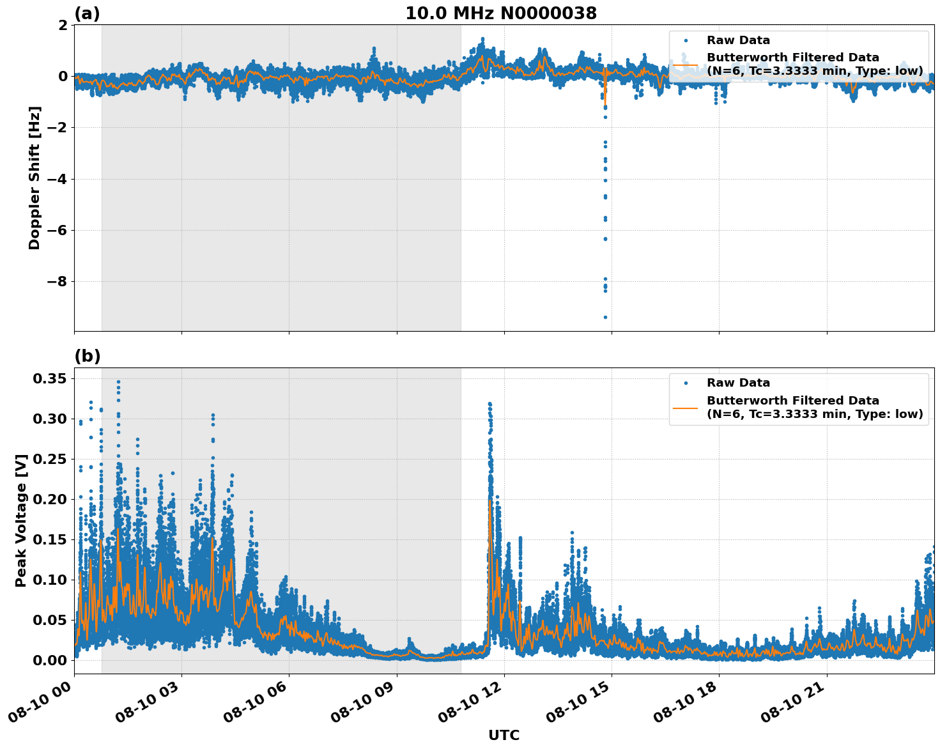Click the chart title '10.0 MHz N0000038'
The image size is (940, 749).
(501, 13)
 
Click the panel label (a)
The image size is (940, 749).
(87, 13)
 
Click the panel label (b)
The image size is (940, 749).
(87, 356)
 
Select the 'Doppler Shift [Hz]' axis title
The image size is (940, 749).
(35, 178)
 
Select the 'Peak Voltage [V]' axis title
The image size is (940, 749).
(21, 520)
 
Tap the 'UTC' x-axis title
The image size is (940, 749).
(504, 736)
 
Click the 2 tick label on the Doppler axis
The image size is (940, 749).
(63, 25)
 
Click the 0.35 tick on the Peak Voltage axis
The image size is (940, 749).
(50, 379)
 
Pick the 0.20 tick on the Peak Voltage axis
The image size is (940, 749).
(50, 499)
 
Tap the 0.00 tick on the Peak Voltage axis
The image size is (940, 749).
(50, 660)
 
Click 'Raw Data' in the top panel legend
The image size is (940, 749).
(738, 40)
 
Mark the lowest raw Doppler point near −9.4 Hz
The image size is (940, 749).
(605, 317)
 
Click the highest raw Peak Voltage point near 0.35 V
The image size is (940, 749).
(118, 382)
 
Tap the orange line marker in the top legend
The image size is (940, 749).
(686, 64)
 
